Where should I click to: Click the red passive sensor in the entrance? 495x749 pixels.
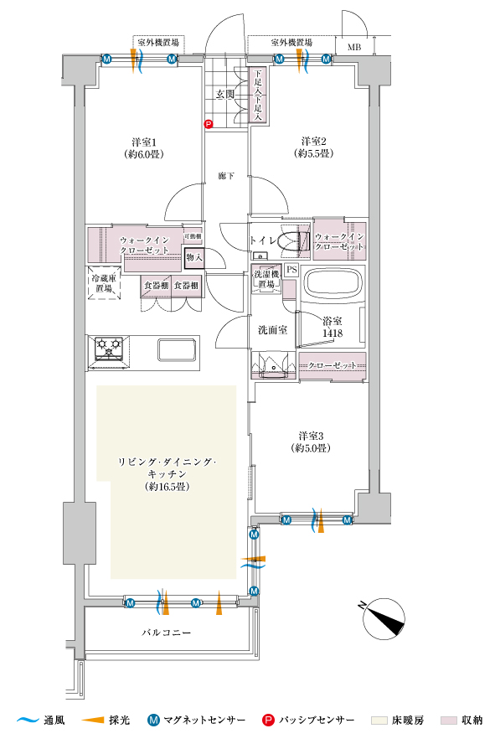[x=208, y=124]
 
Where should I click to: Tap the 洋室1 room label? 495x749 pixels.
[x=144, y=142]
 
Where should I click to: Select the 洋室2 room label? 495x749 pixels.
[x=313, y=142]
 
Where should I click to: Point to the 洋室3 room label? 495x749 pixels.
[x=312, y=436]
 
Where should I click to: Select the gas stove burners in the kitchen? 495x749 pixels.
[x=109, y=348]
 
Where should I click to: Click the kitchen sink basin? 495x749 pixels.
[x=178, y=350]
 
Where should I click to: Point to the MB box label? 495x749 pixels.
[x=354, y=47]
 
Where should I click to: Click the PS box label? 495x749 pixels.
[x=291, y=270]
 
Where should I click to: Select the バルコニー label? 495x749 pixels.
[x=166, y=633]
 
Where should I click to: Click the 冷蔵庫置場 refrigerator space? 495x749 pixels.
[x=104, y=283]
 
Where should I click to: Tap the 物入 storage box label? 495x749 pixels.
[x=195, y=257]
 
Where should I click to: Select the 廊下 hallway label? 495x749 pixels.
[x=226, y=176]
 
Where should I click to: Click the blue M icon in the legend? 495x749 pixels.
[x=154, y=720]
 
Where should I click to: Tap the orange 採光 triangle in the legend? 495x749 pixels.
[x=93, y=720]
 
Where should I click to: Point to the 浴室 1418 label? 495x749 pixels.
[x=333, y=328]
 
